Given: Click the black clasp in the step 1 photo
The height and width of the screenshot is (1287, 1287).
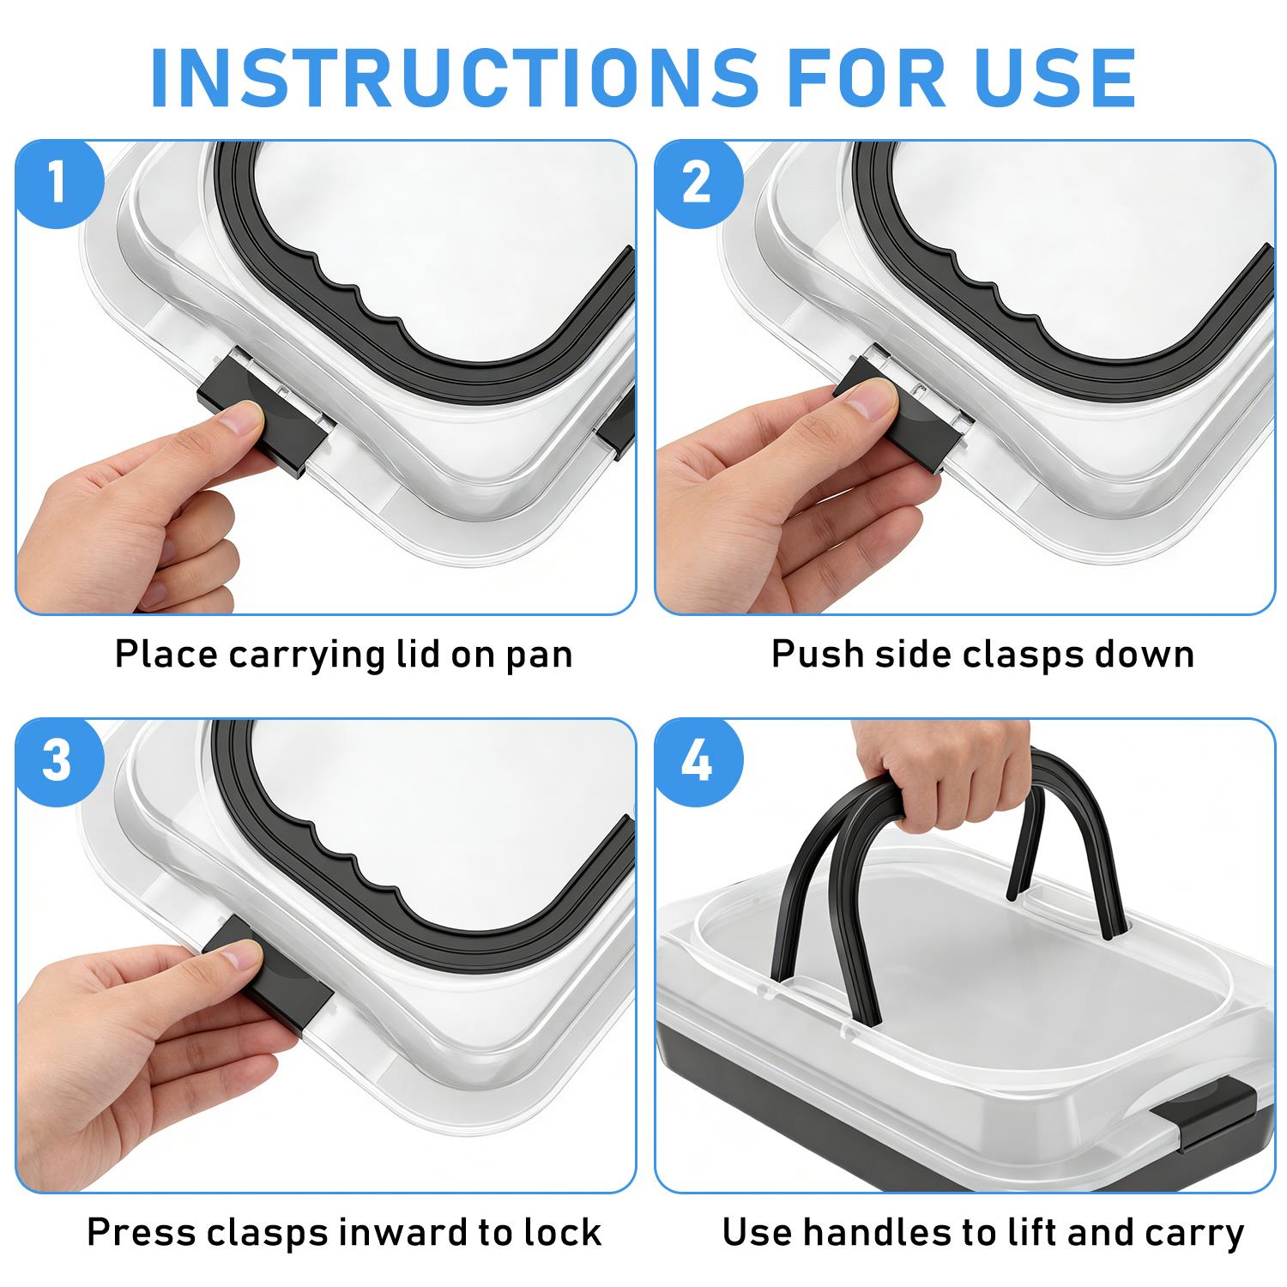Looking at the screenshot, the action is coord(265,414).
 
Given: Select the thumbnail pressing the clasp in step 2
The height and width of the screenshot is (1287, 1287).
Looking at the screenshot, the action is coord(868,397).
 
